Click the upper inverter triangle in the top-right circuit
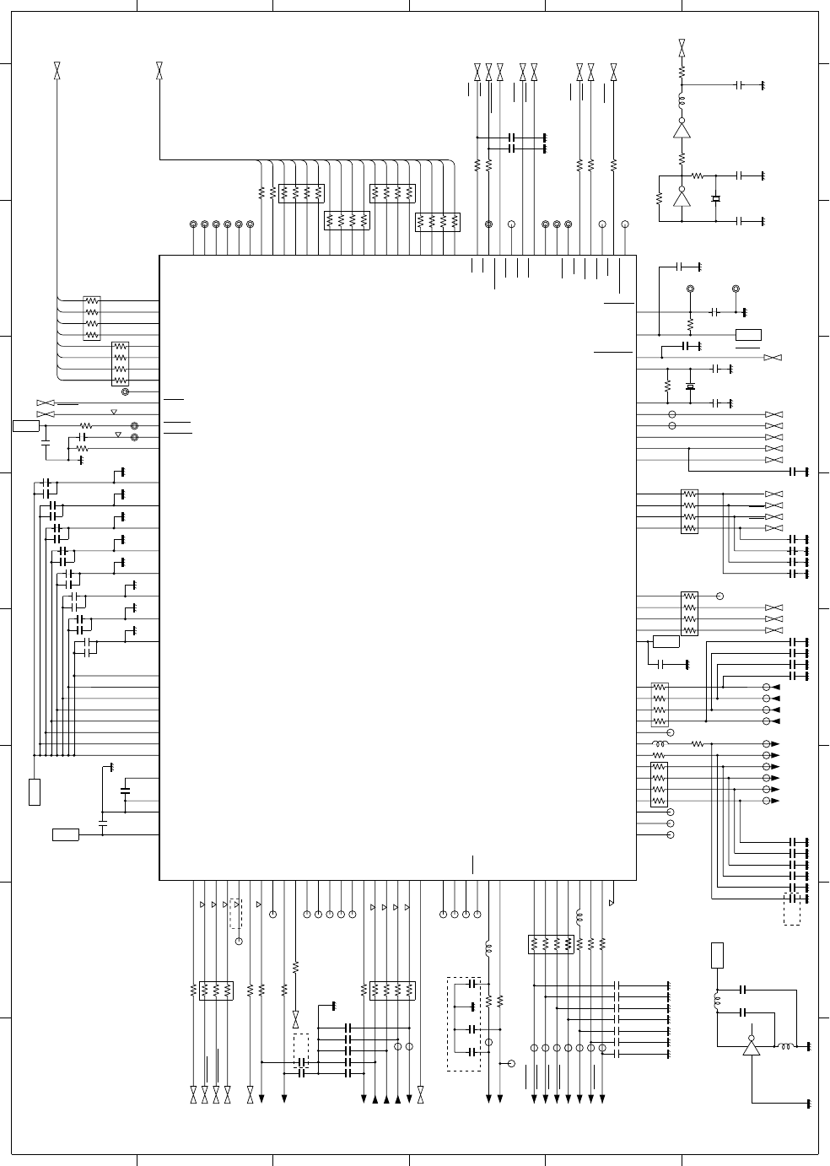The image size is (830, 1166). pyautogui.click(x=682, y=129)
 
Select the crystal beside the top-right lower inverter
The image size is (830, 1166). pyautogui.click(x=715, y=199)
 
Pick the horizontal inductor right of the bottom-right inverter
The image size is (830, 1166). pyautogui.click(x=784, y=1047)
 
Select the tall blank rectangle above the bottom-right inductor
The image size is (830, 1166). pyautogui.click(x=717, y=955)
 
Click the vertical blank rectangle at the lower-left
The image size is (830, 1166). pyautogui.click(x=35, y=792)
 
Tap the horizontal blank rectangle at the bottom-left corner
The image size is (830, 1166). pyautogui.click(x=66, y=835)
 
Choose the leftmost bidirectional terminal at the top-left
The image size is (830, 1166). pyautogui.click(x=57, y=71)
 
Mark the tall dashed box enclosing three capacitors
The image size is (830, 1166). pyautogui.click(x=463, y=1024)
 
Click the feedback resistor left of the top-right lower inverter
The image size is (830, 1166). pyautogui.click(x=659, y=199)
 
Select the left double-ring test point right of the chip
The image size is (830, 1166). pyautogui.click(x=690, y=289)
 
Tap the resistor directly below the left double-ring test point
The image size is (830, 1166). pyautogui.click(x=690, y=324)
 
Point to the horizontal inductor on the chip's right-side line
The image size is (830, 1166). pyautogui.click(x=660, y=744)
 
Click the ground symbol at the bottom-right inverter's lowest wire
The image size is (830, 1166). pyautogui.click(x=808, y=1104)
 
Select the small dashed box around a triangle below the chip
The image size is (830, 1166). pyautogui.click(x=236, y=914)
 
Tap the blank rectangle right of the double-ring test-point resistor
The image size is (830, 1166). pyautogui.click(x=748, y=335)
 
